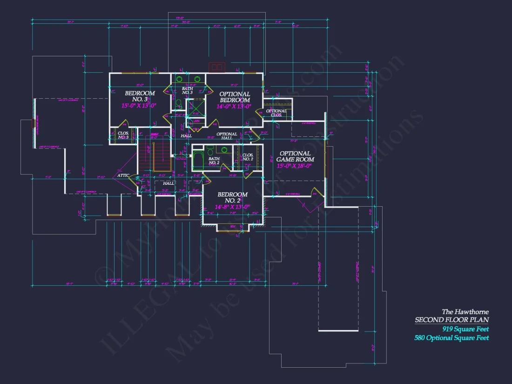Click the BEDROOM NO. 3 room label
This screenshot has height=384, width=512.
tap(140, 96)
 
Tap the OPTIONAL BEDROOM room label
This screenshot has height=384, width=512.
tap(235, 97)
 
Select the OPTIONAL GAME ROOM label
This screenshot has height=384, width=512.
tap(295, 156)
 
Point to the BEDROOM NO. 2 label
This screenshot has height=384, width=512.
tap(233, 197)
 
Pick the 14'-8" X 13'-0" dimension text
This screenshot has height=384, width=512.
tap(232, 207)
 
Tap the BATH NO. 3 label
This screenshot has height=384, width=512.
tap(187, 90)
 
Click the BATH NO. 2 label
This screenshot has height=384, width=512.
tap(214, 161)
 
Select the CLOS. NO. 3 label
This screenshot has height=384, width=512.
tap(123, 135)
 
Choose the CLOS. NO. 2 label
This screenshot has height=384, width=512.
tap(248, 157)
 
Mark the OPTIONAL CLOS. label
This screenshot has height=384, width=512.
tap(276, 113)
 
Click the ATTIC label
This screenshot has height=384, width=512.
tap(123, 175)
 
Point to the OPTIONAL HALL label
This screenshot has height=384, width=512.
tap(227, 136)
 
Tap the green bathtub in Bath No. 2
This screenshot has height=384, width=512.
tap(198, 159)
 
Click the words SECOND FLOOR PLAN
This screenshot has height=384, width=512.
tap(451, 320)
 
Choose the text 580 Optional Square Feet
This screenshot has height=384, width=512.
tap(451, 338)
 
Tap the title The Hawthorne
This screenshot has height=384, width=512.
tap(465, 311)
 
